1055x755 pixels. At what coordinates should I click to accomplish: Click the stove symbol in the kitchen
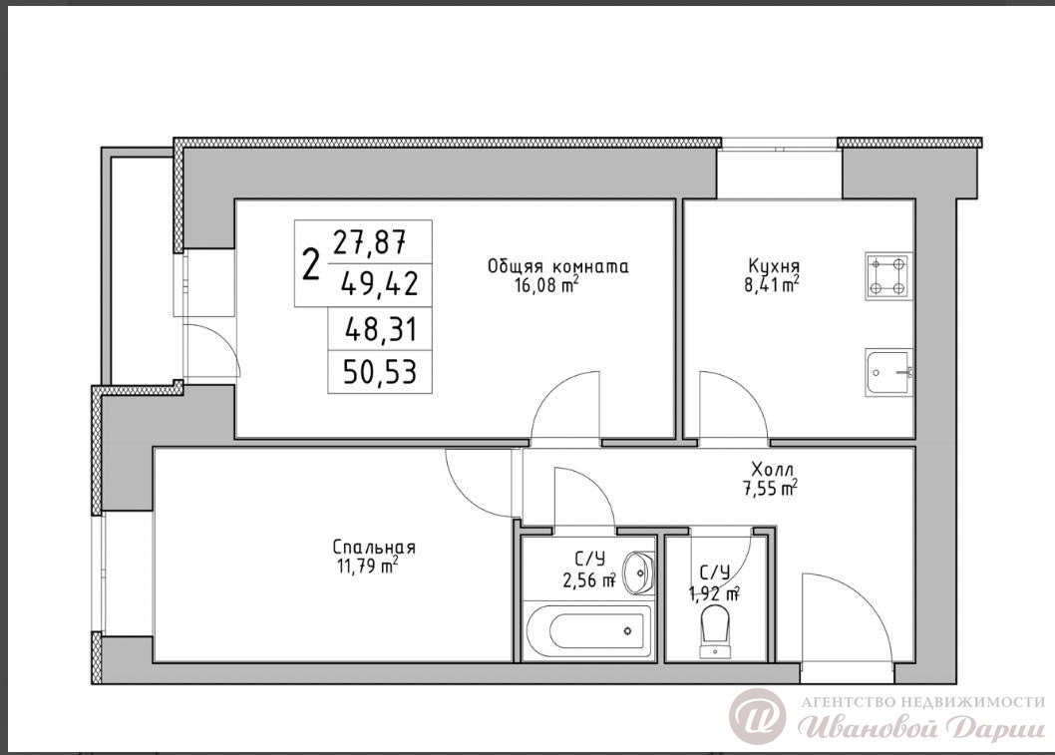pyautogui.click(x=888, y=276)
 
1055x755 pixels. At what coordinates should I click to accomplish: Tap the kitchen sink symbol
pyautogui.click(x=888, y=373)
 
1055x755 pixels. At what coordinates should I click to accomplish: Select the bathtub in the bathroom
pyautogui.click(x=588, y=631)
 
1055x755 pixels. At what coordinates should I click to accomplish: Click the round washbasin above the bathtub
pyautogui.click(x=638, y=572)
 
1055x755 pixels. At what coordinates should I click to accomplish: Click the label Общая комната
pyautogui.click(x=557, y=266)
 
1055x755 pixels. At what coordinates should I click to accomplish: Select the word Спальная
pyautogui.click(x=374, y=548)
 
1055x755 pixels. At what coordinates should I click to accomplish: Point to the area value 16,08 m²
pyautogui.click(x=546, y=286)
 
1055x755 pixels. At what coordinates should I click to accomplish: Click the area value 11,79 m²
pyautogui.click(x=367, y=566)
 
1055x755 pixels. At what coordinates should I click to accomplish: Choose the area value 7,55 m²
pyautogui.click(x=768, y=488)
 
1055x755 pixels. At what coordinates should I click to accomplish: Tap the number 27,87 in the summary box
pyautogui.click(x=370, y=241)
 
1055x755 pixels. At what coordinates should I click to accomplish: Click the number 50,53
pyautogui.click(x=380, y=371)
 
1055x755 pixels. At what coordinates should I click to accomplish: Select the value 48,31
pyautogui.click(x=380, y=330)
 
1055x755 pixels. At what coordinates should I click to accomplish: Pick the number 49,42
pyautogui.click(x=380, y=283)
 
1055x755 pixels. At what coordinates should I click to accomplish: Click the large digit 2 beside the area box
pyautogui.click(x=310, y=264)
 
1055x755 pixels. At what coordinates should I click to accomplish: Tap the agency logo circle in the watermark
pyautogui.click(x=757, y=716)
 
